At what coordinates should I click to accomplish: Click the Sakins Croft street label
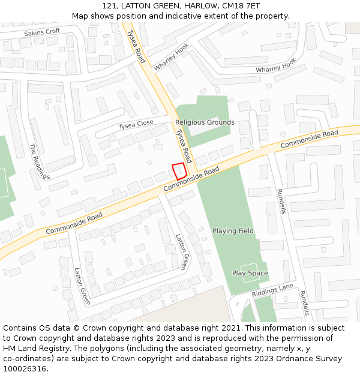pyautogui.click(x=42, y=31)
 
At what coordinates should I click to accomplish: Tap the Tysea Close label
pyautogui.click(x=136, y=125)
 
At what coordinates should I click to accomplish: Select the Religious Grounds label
pyautogui.click(x=205, y=122)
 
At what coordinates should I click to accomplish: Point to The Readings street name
pyautogui.click(x=40, y=161)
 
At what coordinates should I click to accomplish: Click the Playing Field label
pyautogui.click(x=233, y=231)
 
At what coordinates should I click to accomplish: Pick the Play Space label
pyautogui.click(x=250, y=274)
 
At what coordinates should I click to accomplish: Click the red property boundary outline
pyautogui.click(x=179, y=171)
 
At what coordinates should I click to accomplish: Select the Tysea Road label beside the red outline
pyautogui.click(x=183, y=146)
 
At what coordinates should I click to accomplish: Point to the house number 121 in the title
pyautogui.click(x=110, y=6)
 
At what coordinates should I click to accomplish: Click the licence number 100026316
pyautogui.click(x=25, y=369)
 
